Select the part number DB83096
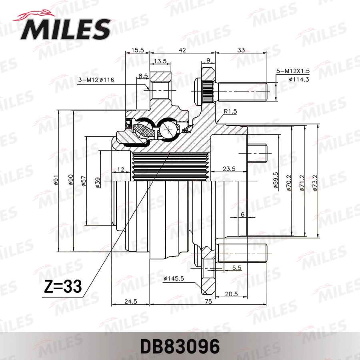[x=180, y=346]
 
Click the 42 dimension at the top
[x=182, y=50]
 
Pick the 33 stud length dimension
[x=241, y=50]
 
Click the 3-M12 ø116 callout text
[x=96, y=80]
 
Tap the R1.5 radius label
[x=230, y=112]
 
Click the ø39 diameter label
[x=97, y=182]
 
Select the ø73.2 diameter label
[x=315, y=182]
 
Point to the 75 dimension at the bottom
[x=208, y=302]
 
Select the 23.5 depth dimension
[x=228, y=169]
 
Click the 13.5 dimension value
[x=160, y=61]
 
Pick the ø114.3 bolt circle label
[x=299, y=79]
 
